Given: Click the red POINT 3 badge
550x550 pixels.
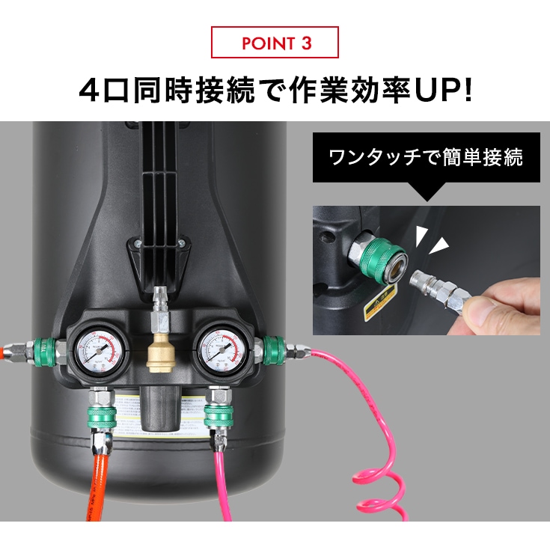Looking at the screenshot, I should click(275, 43).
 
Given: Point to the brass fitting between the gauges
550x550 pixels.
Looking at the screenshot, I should click(159, 351).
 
